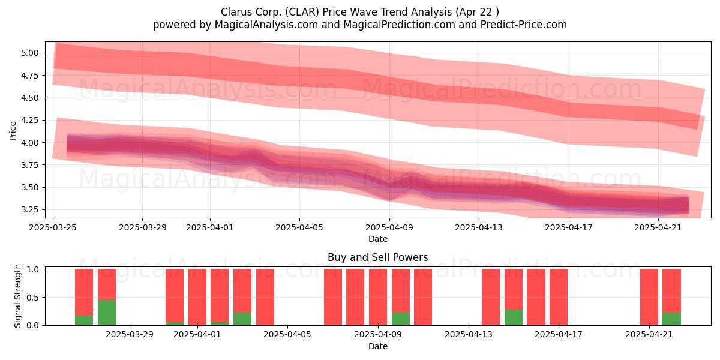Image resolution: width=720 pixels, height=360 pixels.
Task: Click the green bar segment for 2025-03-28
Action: coord(107,313)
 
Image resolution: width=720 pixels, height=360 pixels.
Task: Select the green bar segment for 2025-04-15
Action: coord(514,317)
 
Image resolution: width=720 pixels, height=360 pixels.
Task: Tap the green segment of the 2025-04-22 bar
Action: coord(671,319)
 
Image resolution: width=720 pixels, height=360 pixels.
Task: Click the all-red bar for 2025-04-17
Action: coord(559,297)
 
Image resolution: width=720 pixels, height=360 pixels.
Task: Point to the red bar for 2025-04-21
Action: coord(649,297)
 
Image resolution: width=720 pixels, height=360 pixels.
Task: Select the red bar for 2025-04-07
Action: coord(333,297)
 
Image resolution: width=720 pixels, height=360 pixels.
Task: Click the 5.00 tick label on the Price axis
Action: coord(30,53)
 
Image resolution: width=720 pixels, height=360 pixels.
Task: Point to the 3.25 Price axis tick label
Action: coord(30,209)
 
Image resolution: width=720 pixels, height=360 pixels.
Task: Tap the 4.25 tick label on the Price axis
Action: coord(30,120)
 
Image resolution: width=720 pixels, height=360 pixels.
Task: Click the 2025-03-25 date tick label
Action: coord(53,227)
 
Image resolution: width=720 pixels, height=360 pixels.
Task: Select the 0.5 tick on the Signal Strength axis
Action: coord(33,298)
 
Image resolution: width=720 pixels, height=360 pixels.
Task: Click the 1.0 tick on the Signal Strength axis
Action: coord(33,269)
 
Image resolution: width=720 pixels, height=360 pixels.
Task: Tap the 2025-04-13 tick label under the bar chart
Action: coord(469,335)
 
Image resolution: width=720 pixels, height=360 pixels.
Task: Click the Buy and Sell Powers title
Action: coord(377,257)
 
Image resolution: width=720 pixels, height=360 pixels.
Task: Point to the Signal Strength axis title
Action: coord(17,296)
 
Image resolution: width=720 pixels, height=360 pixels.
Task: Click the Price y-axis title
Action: coord(13,131)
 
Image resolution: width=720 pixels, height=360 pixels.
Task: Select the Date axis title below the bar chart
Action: coord(377,346)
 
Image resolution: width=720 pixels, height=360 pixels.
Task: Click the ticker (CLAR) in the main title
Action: coord(301,12)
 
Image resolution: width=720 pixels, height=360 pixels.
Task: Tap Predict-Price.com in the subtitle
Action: coord(524,25)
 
